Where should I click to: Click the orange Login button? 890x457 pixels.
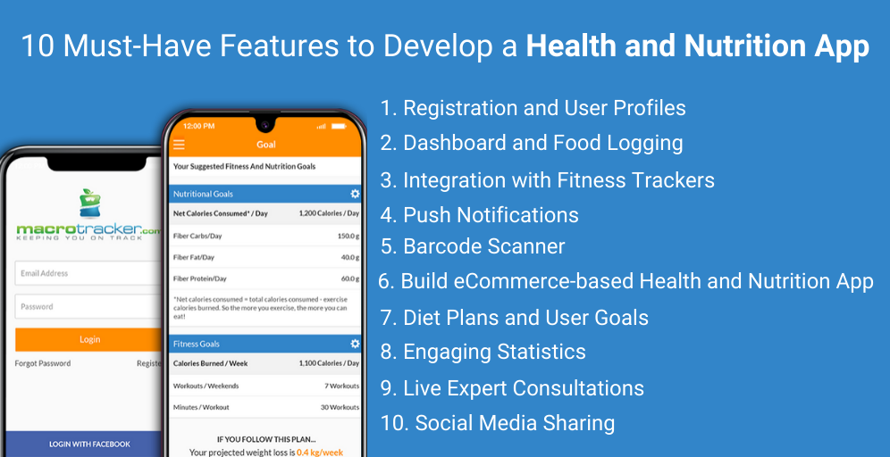88,339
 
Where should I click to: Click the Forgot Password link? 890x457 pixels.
43,363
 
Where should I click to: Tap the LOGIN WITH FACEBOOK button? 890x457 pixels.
88,444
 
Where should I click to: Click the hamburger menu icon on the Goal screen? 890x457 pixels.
179,144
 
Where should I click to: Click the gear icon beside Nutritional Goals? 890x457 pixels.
355,194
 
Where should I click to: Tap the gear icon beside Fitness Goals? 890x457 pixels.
355,344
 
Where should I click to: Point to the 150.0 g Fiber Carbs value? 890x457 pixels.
348,237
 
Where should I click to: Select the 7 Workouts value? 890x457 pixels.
341,386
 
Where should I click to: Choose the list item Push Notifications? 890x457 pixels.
491,215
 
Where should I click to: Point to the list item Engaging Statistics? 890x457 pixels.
494,352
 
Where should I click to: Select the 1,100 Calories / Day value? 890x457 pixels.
328,363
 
